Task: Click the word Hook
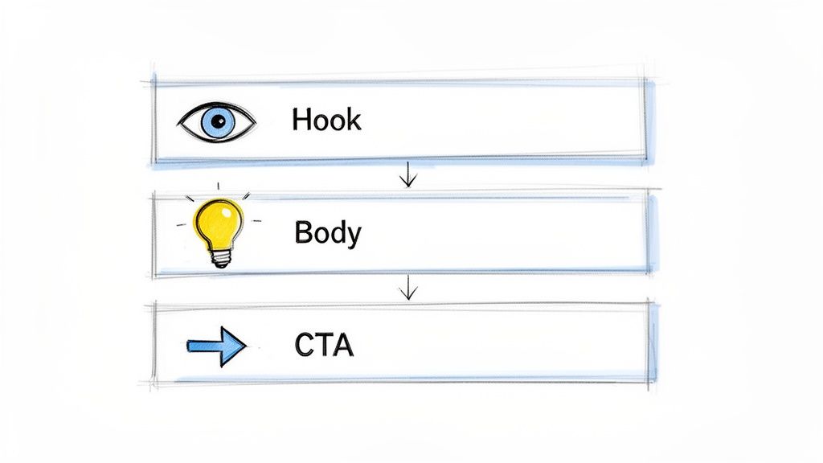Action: pos(326,121)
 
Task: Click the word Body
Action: pos(328,232)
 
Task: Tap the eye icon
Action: pos(216,121)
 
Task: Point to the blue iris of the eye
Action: pos(215,121)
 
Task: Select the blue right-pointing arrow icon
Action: pos(216,346)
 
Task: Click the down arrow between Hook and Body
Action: pos(408,174)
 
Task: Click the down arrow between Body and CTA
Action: pos(408,287)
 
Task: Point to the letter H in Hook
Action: pos(301,121)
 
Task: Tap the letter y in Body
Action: pos(354,236)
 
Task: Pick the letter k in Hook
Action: pos(354,121)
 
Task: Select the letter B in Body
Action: pos(303,232)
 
